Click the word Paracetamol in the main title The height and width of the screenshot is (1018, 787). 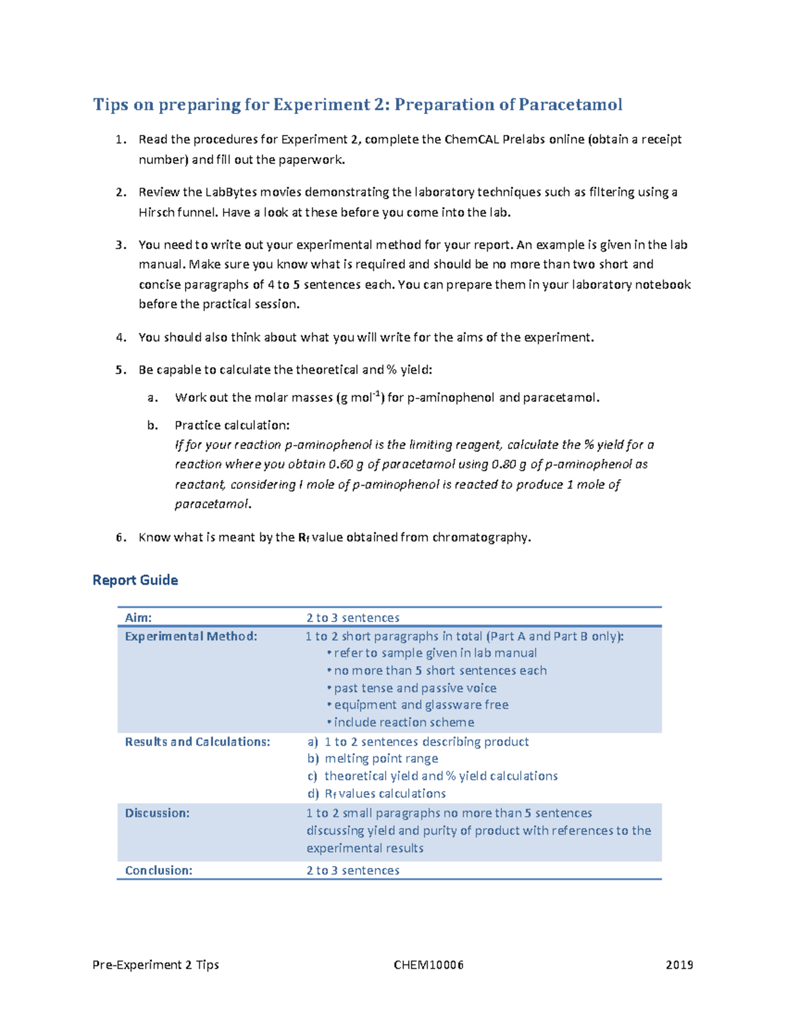coord(570,105)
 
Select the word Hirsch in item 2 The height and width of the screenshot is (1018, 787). coord(157,212)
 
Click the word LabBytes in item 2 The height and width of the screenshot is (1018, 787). coord(231,192)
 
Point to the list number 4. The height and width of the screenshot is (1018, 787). coord(120,338)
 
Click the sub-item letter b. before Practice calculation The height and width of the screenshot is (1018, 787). coord(152,425)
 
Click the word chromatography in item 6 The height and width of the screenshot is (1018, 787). coord(479,538)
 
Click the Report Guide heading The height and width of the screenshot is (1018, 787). coord(135,580)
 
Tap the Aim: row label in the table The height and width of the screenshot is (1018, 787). coord(138,617)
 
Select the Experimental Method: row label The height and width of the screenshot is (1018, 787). coord(191,636)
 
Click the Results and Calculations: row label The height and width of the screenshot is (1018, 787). coord(197,742)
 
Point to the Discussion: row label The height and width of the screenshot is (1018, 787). coord(157,813)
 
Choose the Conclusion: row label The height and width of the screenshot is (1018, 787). coord(159,871)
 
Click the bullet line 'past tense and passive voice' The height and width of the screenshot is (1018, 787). coord(414,688)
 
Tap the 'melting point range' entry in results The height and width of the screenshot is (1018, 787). coord(381,759)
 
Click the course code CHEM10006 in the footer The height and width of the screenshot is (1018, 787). coord(428,965)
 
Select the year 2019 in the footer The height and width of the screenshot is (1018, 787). coord(679,965)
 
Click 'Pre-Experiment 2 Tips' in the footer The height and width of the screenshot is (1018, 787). coord(156,965)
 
